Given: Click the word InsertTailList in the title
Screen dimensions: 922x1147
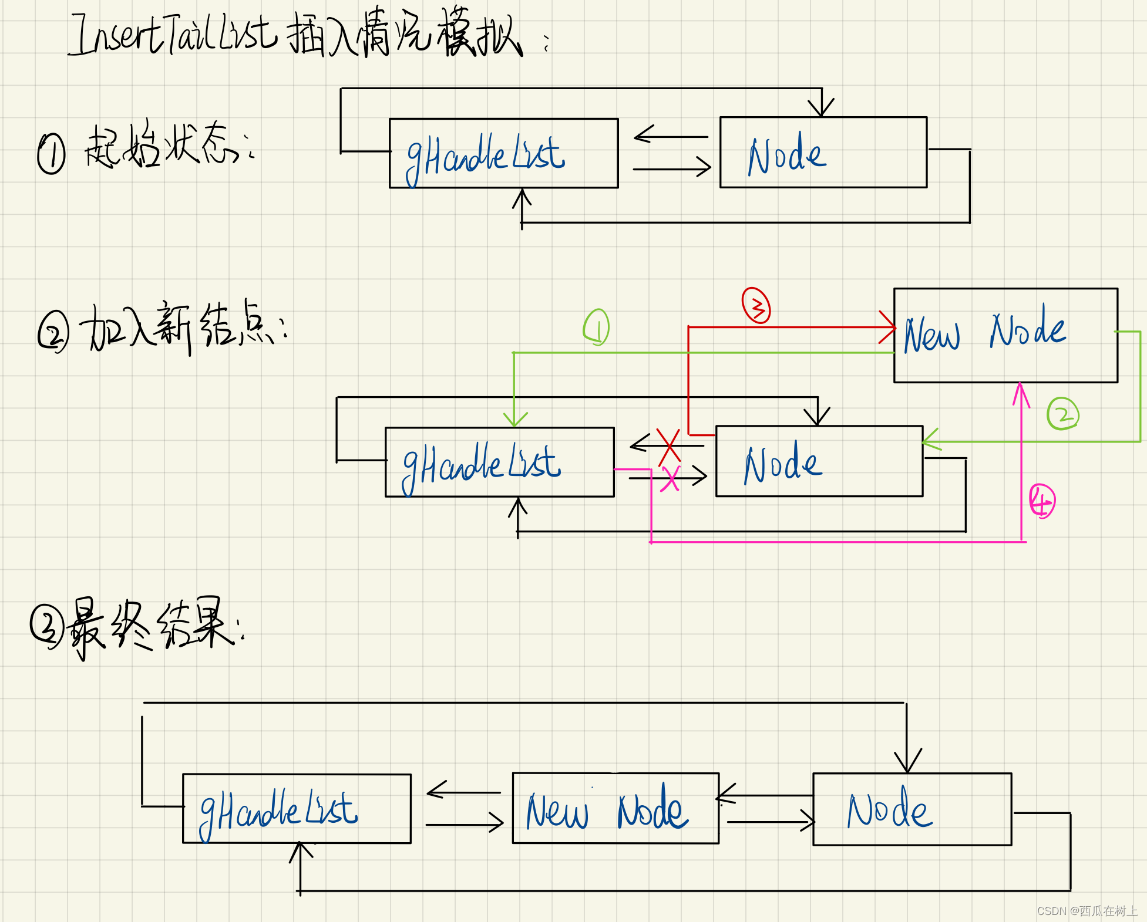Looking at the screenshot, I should pyautogui.click(x=173, y=35).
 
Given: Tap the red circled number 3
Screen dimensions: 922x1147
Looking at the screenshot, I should pyautogui.click(x=756, y=305).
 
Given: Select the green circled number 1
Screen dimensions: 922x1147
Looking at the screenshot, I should pyautogui.click(x=596, y=327).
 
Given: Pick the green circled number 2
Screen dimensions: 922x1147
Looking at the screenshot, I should pyautogui.click(x=1062, y=414).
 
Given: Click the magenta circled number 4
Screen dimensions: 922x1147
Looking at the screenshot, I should pyautogui.click(x=1042, y=501).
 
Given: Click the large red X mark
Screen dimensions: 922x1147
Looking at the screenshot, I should pyautogui.click(x=669, y=445).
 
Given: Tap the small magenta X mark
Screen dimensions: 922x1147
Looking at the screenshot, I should pyautogui.click(x=671, y=478).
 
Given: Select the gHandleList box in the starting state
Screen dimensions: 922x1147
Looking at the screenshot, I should pyautogui.click(x=503, y=153).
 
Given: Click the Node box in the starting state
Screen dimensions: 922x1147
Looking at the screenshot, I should pyautogui.click(x=823, y=153).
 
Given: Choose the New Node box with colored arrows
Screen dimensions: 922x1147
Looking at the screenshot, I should pyautogui.click(x=1005, y=335).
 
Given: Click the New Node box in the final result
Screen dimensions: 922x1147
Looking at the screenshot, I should pyautogui.click(x=615, y=808).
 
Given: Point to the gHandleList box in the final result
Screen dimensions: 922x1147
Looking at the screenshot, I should pyautogui.click(x=297, y=809).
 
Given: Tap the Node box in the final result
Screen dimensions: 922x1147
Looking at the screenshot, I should pyautogui.click(x=911, y=809).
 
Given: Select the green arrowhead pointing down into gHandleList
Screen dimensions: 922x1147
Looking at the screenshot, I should pyautogui.click(x=514, y=420).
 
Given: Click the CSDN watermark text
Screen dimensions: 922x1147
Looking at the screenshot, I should pyautogui.click(x=1087, y=910).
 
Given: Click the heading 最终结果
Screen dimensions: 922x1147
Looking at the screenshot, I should pyautogui.click(x=156, y=627).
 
